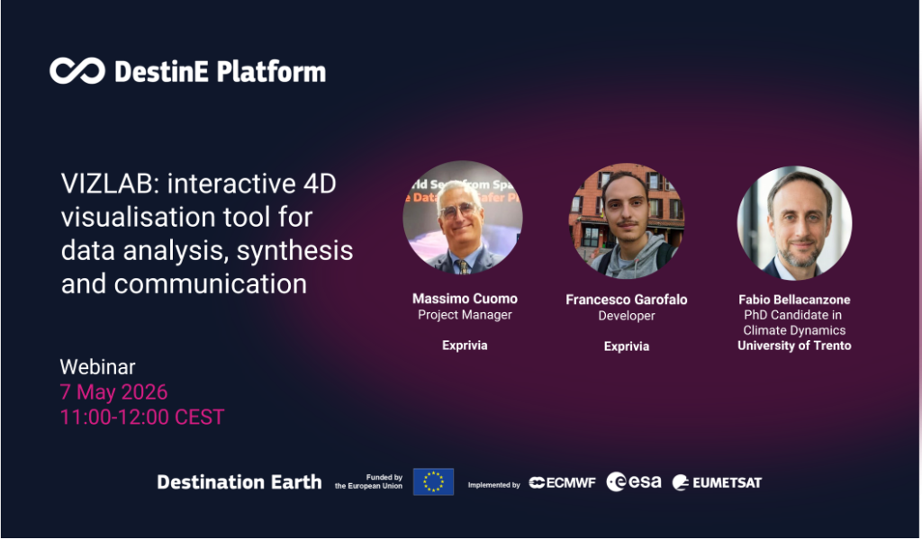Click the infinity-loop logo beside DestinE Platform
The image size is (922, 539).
[x=77, y=71]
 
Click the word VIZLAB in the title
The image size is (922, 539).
[x=110, y=184]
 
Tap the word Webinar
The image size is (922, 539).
[x=97, y=367]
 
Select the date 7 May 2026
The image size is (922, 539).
[x=113, y=392]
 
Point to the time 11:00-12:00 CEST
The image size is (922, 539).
[x=141, y=418]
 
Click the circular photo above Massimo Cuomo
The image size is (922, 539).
[x=463, y=218]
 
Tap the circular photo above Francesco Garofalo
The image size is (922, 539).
[x=627, y=220]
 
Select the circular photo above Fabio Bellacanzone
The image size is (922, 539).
[x=794, y=223]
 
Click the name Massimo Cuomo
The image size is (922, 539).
[x=465, y=299]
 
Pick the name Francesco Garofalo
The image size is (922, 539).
[x=627, y=300]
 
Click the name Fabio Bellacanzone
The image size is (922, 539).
[x=794, y=300]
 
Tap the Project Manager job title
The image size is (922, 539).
[x=465, y=315]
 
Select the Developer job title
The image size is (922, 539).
[x=627, y=316]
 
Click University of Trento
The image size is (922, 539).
[x=794, y=346]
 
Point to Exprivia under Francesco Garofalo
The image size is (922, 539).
[x=627, y=346]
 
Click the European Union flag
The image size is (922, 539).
[x=433, y=482]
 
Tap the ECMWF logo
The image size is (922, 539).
[x=562, y=482]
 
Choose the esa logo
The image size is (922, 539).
[x=633, y=482]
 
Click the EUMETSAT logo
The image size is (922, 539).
[x=717, y=482]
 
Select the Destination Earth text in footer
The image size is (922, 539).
[x=240, y=482]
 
